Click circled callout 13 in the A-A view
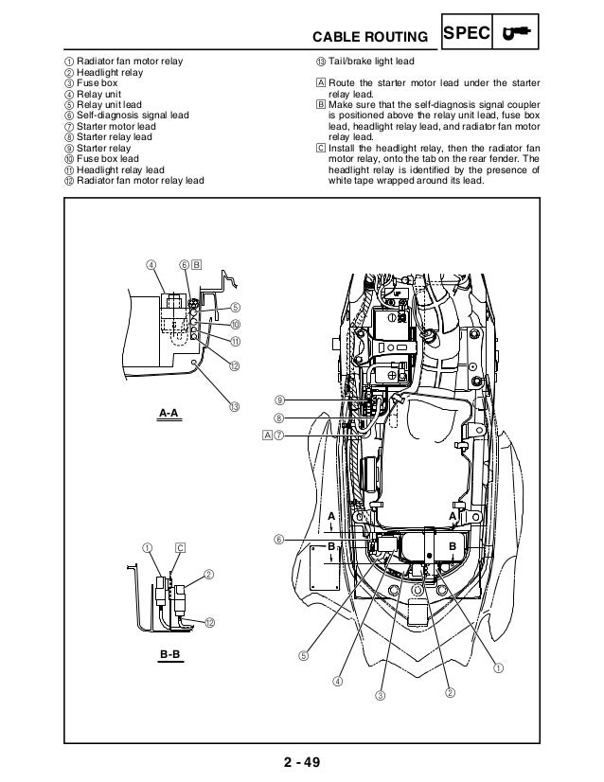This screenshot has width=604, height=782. [234, 406]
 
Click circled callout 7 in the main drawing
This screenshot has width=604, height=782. [280, 435]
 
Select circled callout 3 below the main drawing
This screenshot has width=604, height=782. [382, 697]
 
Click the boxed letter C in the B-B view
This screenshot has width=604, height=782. [180, 547]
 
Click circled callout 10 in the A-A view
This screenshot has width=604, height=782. [234, 325]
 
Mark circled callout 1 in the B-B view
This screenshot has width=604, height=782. [148, 547]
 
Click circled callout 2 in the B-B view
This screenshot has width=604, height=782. [208, 574]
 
